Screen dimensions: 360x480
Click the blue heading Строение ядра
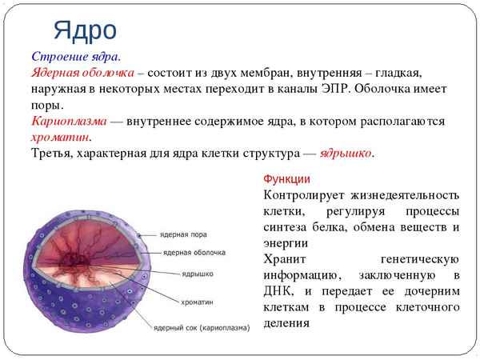coord(76,58)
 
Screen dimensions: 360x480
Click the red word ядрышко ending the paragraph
coord(346,153)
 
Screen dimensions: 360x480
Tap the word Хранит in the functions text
coord(284,259)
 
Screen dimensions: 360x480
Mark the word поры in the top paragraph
coord(46,106)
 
